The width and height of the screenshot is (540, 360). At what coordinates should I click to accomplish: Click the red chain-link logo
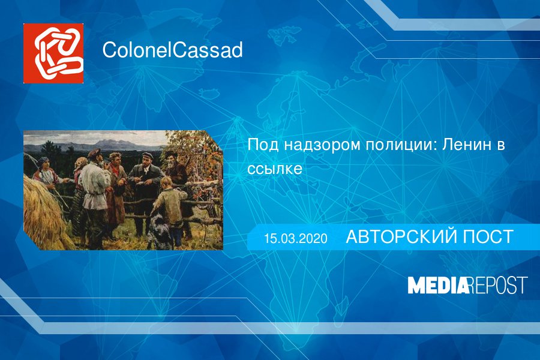(53, 53)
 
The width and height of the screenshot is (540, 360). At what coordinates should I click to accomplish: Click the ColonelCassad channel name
(173, 50)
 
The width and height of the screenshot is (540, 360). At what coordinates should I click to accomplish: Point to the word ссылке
(275, 169)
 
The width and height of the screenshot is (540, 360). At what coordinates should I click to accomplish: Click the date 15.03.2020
(296, 238)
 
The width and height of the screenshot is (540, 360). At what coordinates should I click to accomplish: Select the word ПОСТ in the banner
(488, 236)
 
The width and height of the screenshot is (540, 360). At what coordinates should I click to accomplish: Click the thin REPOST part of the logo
(499, 285)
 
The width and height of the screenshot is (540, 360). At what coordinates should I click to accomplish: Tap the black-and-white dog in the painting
(160, 228)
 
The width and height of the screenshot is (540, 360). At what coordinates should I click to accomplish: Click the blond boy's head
(166, 182)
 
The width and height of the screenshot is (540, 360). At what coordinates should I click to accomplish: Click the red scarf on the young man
(116, 171)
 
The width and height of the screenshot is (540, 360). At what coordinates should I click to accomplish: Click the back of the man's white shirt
(92, 185)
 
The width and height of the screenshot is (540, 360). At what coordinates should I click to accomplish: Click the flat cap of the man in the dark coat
(148, 154)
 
